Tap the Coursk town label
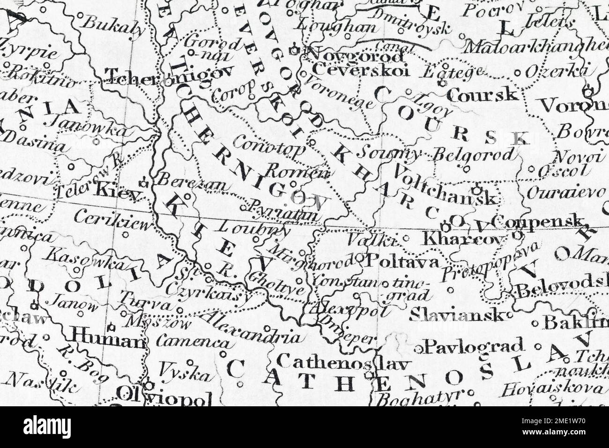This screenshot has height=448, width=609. click(483, 95)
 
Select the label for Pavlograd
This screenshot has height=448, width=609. click(474, 347)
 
